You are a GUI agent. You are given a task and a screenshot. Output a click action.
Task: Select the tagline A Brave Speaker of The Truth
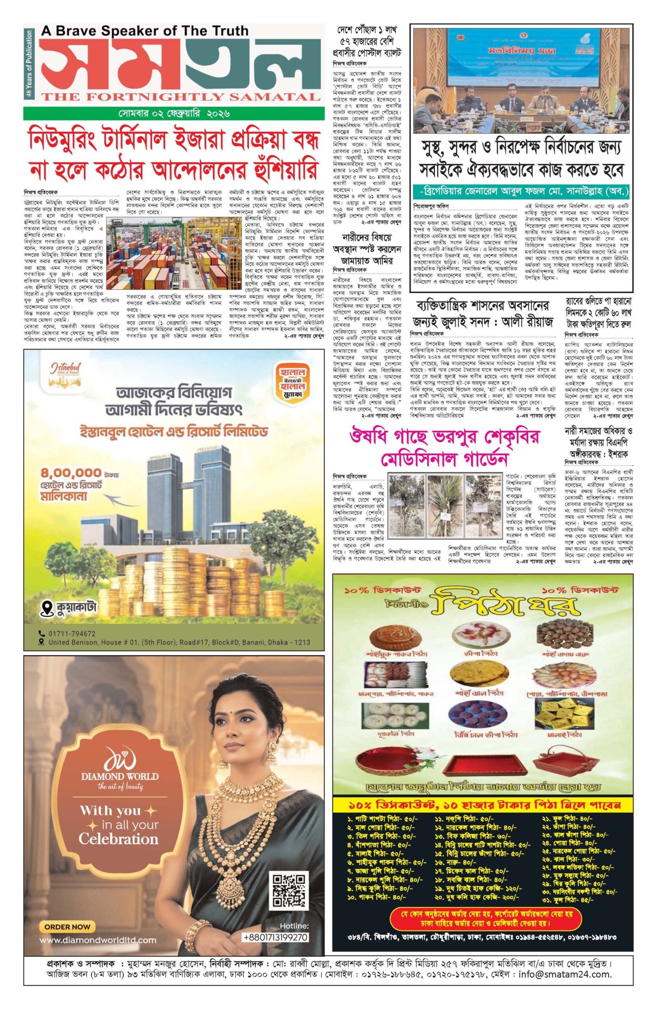[x=144, y=30]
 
